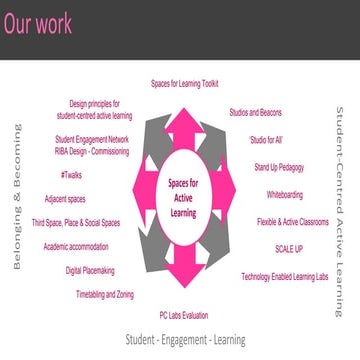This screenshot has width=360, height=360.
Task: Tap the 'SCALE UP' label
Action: click(x=291, y=248)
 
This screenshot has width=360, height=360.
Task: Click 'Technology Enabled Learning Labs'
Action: click(x=284, y=276)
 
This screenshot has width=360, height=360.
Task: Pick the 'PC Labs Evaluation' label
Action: click(x=184, y=315)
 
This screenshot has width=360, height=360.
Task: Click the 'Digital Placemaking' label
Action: click(x=88, y=270)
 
